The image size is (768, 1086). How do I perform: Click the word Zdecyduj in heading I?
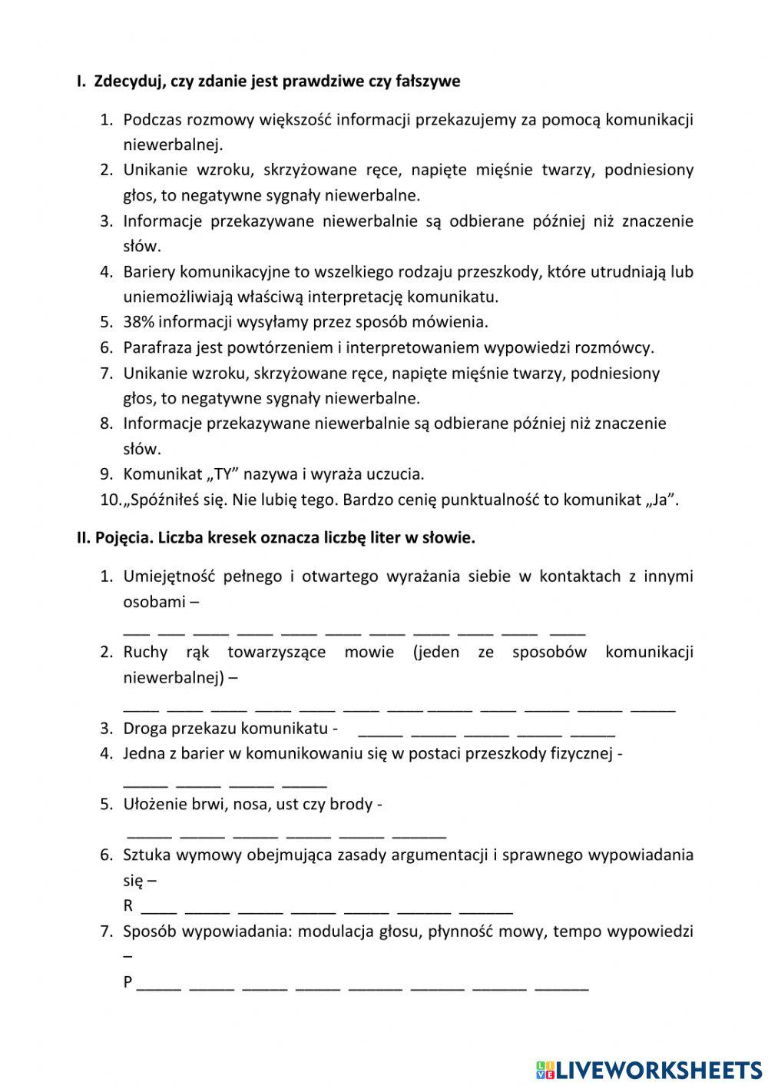128,81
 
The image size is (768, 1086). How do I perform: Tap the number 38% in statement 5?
139,322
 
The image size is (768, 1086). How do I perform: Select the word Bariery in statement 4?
148,272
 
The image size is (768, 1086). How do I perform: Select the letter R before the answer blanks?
127,906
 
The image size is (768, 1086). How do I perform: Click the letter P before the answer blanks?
127,982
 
